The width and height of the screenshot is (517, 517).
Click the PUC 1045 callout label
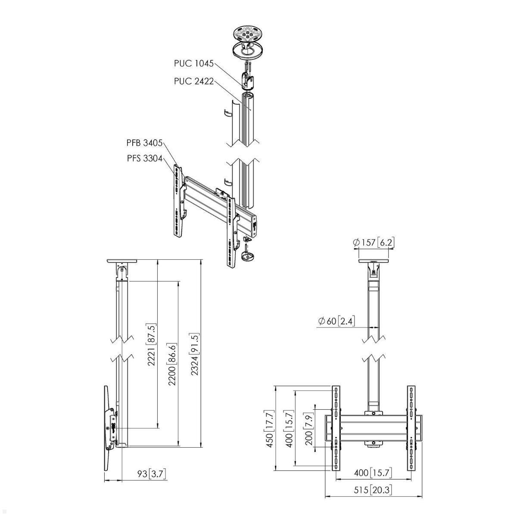(193, 63)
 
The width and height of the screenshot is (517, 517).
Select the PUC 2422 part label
(193, 81)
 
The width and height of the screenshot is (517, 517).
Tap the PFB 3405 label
(144, 143)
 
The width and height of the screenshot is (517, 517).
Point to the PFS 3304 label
(144, 158)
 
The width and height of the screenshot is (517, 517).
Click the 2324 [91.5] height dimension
(195, 354)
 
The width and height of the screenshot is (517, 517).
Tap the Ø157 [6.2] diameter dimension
(373, 243)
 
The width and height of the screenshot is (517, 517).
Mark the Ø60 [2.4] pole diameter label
(336, 321)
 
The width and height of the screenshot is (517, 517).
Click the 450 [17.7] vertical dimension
(270, 428)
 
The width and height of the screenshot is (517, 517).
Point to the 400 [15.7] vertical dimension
(289, 429)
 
